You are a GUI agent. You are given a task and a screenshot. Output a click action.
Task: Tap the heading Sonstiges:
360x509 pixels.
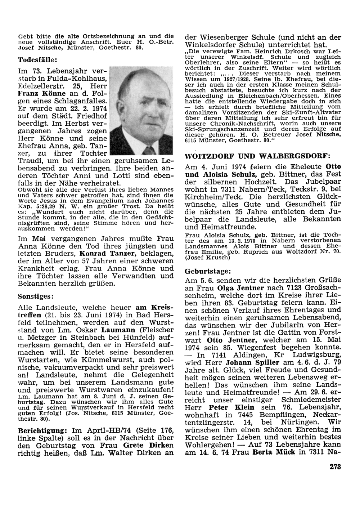point(36,296)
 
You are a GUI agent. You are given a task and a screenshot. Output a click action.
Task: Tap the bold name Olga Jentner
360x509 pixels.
point(241,288)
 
